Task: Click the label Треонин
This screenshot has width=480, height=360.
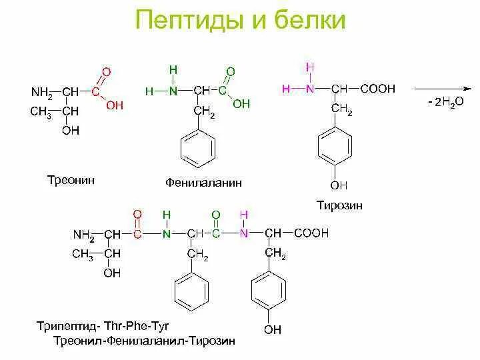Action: coord(71,181)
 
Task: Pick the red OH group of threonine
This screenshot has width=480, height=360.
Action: coord(115,105)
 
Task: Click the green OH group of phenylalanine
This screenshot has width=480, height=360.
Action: coord(241,103)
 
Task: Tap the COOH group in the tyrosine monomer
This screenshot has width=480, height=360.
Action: coord(378,89)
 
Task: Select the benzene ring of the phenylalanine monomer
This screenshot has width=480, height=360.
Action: coord(198,151)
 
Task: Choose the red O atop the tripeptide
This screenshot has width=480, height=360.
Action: coord(138,214)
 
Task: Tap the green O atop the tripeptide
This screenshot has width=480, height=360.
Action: coord(215,214)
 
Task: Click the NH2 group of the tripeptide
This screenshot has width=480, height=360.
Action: coord(83,235)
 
